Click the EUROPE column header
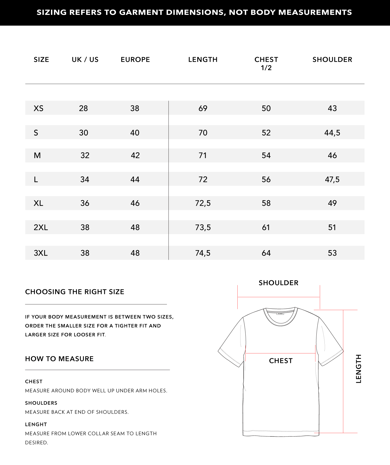135,60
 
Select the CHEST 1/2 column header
266,64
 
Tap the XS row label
38,108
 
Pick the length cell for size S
203,133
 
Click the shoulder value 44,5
332,133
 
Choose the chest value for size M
266,155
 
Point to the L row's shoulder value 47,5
332,179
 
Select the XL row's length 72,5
203,203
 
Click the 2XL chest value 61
266,227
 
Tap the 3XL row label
41,253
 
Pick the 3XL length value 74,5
203,253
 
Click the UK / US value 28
83,108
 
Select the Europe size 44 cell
135,179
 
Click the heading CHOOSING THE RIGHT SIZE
75,292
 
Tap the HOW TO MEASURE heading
59,359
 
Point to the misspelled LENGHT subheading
36,425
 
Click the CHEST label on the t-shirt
281,361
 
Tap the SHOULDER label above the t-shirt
278,283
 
